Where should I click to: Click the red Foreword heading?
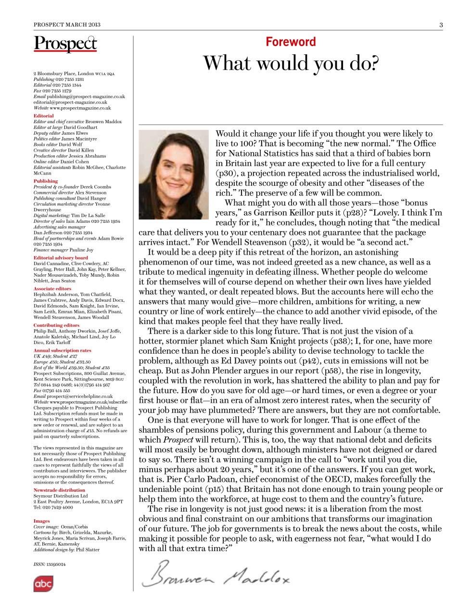291,42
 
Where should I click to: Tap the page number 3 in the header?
441,25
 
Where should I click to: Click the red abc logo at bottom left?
43,584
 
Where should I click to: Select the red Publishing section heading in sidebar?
45,181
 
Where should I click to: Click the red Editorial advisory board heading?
61,258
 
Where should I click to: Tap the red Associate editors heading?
52,289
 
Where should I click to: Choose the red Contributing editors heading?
56,325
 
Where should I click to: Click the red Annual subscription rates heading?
62,350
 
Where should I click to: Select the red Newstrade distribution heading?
59,490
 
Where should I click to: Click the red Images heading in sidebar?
41,521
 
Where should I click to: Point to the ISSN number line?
50,564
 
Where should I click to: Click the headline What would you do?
291,64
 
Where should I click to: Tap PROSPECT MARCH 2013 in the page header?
67,25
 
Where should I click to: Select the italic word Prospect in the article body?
178,440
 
